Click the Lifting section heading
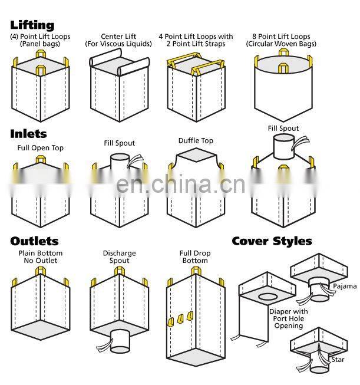tap(32, 25)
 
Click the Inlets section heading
tap(28, 134)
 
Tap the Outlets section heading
tap(34, 241)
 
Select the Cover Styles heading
tap(272, 241)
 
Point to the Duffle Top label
tap(196, 141)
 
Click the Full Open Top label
tap(41, 147)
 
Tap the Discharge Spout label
tap(119, 258)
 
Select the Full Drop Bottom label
tap(194, 258)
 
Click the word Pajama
tap(345, 287)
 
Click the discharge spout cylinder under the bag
tap(121, 340)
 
